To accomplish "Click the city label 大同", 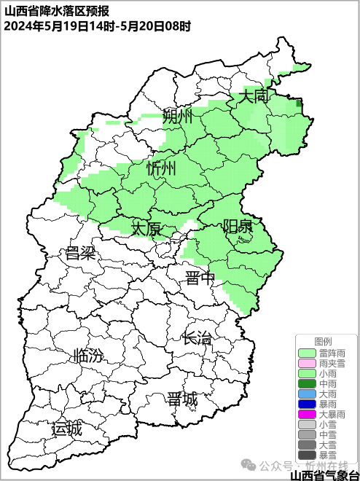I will [x=255, y=96].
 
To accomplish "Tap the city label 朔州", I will [x=177, y=117].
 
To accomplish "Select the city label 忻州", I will [x=161, y=169].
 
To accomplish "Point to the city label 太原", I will [x=146, y=229].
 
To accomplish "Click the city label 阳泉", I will [x=238, y=226].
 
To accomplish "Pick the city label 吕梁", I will [x=81, y=254].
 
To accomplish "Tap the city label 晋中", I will [x=200, y=278].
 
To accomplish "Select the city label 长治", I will [x=197, y=337].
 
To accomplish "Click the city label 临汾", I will [x=88, y=356].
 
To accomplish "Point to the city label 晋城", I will [x=181, y=399].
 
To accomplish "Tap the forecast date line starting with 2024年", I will [x=98, y=26].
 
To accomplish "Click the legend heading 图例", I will [x=323, y=341].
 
